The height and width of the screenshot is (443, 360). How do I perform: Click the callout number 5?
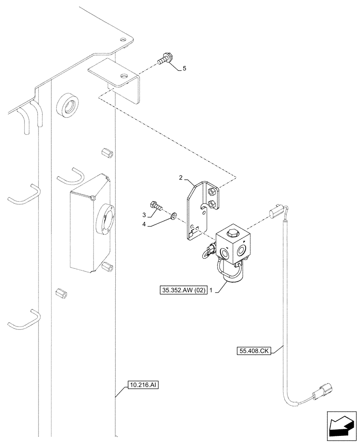184,68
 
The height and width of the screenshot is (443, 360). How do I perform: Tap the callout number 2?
180,178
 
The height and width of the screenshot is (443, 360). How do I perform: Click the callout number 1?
212,290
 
